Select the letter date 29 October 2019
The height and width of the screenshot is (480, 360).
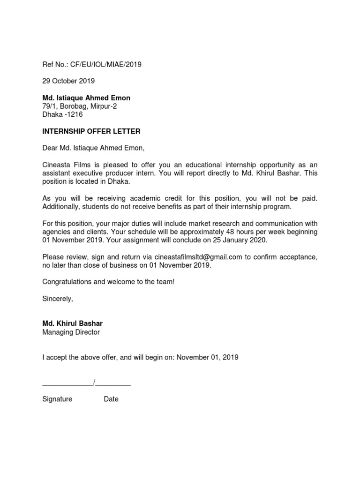68,81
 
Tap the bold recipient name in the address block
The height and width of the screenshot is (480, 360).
86,98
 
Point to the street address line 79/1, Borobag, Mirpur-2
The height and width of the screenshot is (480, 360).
80,106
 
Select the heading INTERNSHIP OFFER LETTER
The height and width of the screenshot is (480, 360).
91,132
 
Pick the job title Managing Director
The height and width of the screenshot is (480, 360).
71,332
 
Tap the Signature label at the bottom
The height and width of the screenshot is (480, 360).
57,399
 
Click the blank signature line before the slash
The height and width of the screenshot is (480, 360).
67,384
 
